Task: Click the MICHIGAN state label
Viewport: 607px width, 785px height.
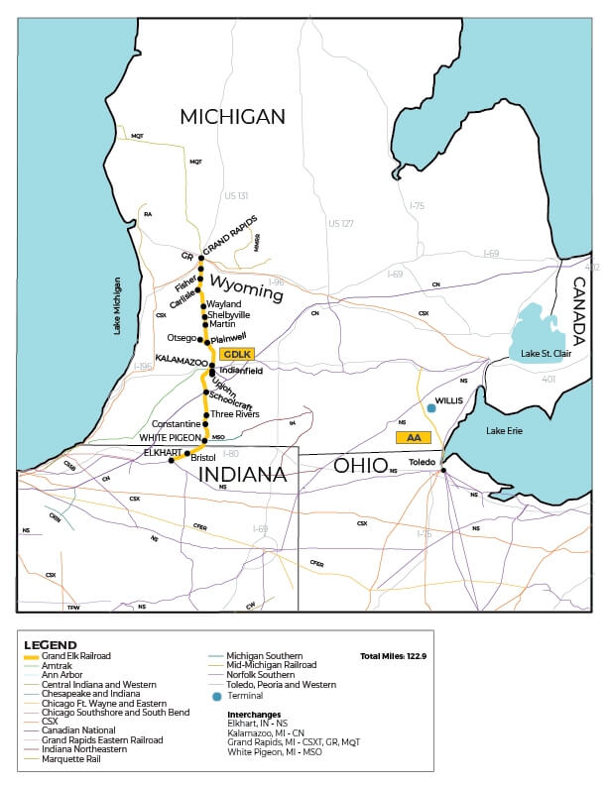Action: point(232,117)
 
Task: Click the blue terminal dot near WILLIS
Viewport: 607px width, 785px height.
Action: point(430,407)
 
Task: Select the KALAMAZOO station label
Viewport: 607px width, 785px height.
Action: point(182,361)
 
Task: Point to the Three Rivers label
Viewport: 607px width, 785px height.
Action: point(234,414)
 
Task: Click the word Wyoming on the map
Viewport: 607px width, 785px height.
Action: point(245,295)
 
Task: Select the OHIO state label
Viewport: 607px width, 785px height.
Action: point(360,465)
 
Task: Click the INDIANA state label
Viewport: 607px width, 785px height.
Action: point(243,475)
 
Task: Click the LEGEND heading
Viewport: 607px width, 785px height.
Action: point(50,644)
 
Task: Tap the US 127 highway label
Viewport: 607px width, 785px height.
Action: point(341,223)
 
